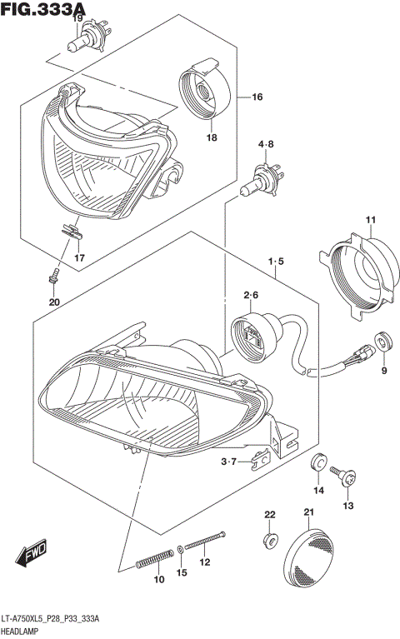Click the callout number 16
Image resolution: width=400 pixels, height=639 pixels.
coord(257,97)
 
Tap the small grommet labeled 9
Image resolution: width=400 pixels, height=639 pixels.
coord(382,341)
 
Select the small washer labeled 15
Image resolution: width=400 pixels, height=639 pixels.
coord(181,551)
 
